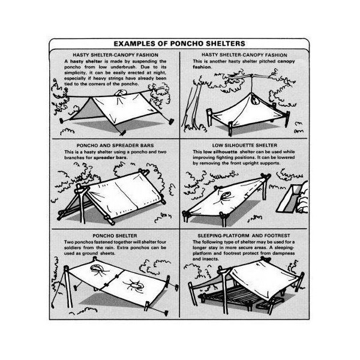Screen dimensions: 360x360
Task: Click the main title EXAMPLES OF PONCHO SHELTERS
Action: coord(179,44)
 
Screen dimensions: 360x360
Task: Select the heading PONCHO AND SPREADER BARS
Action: coord(115,146)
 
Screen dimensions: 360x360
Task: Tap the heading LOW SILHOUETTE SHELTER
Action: coord(245,145)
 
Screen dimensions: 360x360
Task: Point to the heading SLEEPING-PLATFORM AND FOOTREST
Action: coord(244,236)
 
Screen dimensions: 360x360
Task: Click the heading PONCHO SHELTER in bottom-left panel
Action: coord(115,236)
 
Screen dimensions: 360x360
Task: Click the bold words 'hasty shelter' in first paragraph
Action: coord(86,61)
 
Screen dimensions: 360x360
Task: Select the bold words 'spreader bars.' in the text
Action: coord(110,158)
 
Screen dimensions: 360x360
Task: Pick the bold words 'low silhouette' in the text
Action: coord(220,152)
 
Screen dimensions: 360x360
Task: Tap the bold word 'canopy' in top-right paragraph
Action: coord(286,62)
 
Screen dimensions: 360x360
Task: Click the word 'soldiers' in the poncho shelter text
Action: coord(73,248)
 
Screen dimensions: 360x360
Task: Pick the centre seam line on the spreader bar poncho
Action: coord(126,195)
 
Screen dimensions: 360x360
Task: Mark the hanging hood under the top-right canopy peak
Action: coord(254,100)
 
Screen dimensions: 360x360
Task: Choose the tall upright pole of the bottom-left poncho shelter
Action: coord(68,287)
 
